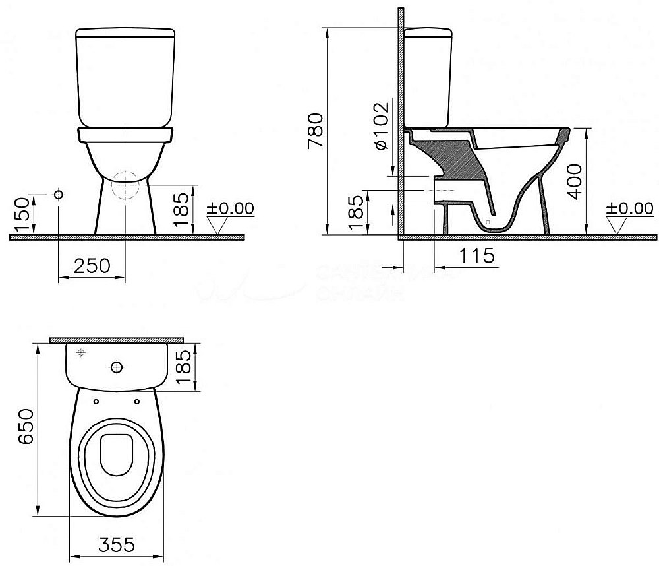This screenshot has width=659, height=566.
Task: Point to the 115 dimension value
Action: coord(477,255)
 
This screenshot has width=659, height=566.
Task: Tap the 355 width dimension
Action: coord(119,545)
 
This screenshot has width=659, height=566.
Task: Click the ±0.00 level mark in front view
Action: coord(229,208)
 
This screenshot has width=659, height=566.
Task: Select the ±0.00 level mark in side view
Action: coord(629,208)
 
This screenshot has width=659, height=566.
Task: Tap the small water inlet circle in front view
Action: coord(59,196)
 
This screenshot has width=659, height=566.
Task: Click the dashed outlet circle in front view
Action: coord(125,186)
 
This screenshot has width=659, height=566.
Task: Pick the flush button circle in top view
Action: coord(117,366)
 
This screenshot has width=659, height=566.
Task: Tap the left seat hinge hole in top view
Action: coord(97,400)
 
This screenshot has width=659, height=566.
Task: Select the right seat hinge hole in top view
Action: coord(137,400)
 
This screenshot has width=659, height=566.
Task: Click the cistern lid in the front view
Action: coord(125,34)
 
